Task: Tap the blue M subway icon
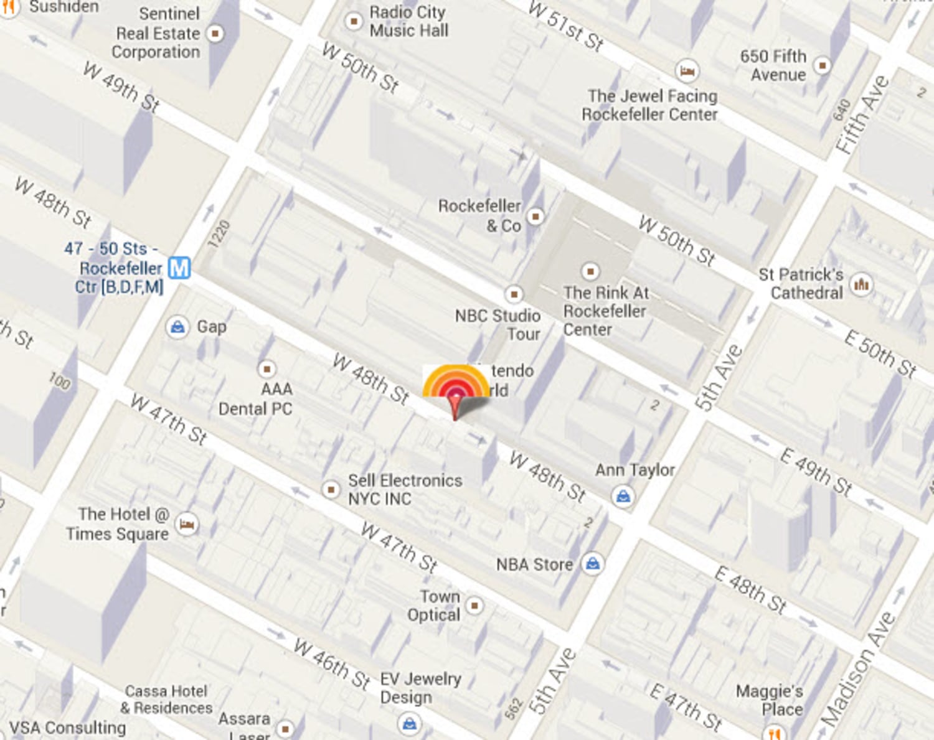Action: click(179, 268)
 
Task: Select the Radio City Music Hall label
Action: click(408, 21)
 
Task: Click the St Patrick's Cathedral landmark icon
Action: click(862, 284)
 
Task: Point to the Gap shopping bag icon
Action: click(177, 327)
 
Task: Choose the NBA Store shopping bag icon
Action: click(593, 564)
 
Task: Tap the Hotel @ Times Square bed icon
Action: click(187, 524)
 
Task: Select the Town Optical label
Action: click(434, 606)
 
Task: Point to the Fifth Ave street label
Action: click(862, 116)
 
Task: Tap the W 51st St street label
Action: click(565, 26)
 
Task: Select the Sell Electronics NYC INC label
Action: click(405, 490)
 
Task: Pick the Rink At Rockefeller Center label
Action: click(605, 311)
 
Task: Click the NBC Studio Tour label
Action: click(498, 324)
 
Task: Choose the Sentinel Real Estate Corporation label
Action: click(157, 33)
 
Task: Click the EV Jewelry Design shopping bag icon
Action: click(410, 723)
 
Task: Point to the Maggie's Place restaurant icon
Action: click(774, 733)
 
